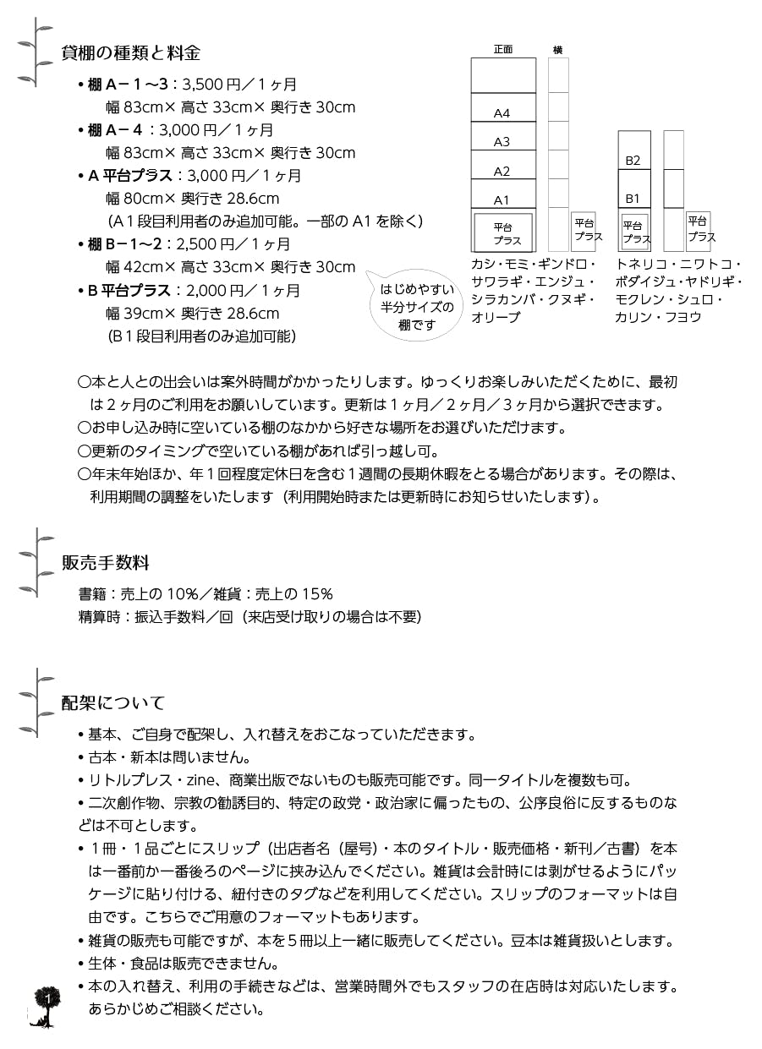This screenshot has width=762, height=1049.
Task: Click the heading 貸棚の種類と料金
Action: click(x=131, y=53)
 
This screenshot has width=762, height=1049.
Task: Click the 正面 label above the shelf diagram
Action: click(x=503, y=50)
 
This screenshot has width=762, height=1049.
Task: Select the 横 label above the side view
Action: click(x=557, y=50)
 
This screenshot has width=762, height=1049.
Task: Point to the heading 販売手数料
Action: click(x=106, y=562)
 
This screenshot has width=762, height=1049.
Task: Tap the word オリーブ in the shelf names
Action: click(x=496, y=317)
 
